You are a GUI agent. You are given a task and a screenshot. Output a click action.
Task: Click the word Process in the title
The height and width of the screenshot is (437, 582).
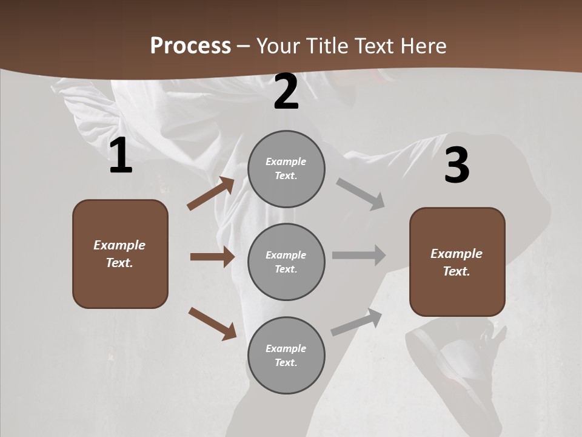[x=190, y=46]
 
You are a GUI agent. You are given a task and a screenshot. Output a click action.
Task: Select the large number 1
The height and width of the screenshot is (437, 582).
[x=121, y=156]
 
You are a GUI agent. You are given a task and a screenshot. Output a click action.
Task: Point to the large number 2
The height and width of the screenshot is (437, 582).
[x=286, y=92]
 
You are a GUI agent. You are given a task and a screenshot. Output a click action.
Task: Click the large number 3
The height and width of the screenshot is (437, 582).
[x=457, y=165]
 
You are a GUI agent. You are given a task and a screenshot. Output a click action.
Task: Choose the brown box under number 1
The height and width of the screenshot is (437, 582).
[x=120, y=254]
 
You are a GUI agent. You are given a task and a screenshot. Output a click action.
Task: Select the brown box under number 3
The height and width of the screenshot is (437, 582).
[x=457, y=262]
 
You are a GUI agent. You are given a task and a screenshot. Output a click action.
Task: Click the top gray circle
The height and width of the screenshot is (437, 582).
[x=286, y=169]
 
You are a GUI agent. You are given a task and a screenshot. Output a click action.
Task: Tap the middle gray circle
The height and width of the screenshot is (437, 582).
[x=286, y=262]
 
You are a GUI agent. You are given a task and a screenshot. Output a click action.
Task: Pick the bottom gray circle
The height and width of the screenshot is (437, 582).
[x=286, y=355]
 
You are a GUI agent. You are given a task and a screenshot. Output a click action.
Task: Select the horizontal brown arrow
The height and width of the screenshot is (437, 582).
[x=212, y=257]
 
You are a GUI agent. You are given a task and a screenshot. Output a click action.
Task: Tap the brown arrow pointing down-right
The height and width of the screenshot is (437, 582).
[x=212, y=324]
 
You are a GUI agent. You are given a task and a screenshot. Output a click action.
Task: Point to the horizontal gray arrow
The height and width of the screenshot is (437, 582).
[x=359, y=256]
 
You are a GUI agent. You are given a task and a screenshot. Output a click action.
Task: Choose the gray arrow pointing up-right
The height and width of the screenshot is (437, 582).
[x=356, y=322]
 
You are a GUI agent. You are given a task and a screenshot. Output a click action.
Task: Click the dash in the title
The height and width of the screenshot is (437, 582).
[x=244, y=46]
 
